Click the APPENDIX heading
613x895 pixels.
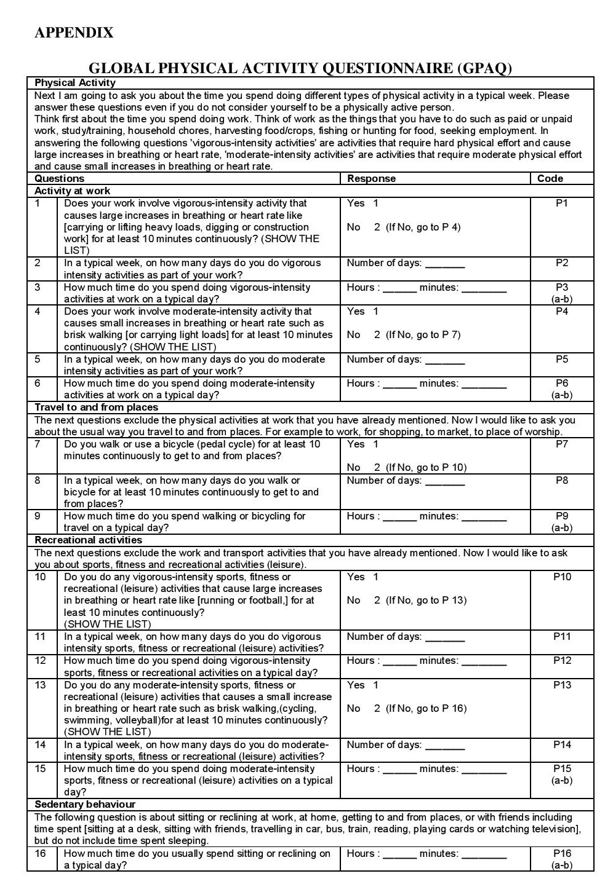coord(74,33)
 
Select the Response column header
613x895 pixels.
coord(371,179)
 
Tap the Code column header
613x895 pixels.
coord(550,179)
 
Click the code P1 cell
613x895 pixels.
coord(561,203)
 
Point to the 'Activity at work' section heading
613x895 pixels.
coord(73,191)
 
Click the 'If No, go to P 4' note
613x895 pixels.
coord(423,227)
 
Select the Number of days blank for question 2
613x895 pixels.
coord(445,264)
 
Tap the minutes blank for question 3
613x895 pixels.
coord(484,289)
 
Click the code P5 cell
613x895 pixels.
coord(561,360)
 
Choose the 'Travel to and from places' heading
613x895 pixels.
coord(96,408)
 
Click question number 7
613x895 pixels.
coord(38,444)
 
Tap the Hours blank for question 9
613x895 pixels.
coord(399,518)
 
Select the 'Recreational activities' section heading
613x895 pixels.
coord(88,540)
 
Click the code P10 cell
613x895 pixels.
coord(562,577)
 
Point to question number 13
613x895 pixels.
coord(40,685)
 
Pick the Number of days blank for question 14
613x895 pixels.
coord(445,746)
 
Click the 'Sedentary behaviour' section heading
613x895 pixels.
coord(85,805)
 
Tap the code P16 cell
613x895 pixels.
coord(562,854)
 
